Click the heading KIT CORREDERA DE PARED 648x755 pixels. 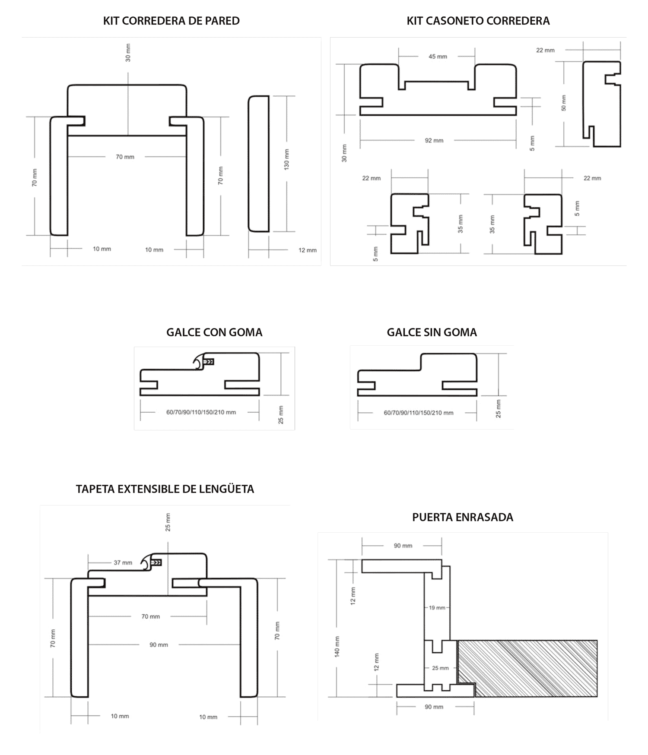[x=171, y=21]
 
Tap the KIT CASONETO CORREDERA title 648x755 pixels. [x=478, y=21]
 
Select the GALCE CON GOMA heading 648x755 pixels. [x=214, y=332]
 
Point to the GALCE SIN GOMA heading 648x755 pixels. [x=432, y=332]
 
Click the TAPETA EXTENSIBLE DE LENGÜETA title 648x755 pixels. [x=165, y=489]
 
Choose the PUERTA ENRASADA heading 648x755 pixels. [x=463, y=517]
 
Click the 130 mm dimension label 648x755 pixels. [x=287, y=159]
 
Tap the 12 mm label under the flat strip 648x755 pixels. [x=307, y=250]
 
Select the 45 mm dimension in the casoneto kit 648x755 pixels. [x=438, y=57]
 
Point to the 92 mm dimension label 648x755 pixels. [x=434, y=140]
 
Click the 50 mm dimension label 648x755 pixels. [x=563, y=103]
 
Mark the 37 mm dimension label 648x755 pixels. [x=123, y=562]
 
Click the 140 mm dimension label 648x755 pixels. [x=337, y=646]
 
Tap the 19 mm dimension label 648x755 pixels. [x=437, y=608]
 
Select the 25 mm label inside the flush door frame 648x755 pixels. [x=440, y=668]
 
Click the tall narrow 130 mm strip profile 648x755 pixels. [x=259, y=164]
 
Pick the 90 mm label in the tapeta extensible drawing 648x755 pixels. [x=159, y=645]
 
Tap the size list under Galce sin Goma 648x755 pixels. [x=418, y=413]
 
